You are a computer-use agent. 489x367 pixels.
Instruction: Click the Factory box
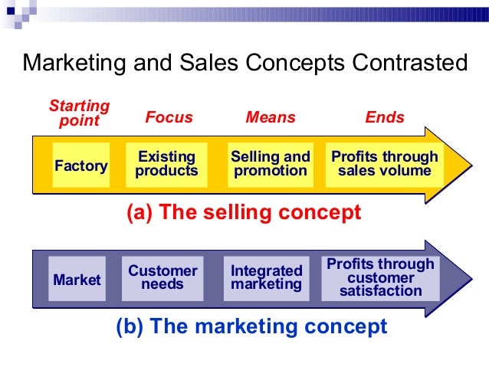coord(80,165)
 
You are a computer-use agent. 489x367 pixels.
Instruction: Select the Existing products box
coord(166,165)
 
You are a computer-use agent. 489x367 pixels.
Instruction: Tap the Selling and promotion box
coord(270,165)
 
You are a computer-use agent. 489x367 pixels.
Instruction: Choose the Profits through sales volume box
coord(384,164)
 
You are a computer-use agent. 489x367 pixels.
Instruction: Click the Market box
coord(76,280)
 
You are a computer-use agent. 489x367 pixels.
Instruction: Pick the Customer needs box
coord(162,277)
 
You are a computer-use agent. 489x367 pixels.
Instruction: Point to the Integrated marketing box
coord(267,277)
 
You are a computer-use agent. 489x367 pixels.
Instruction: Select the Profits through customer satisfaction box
coord(380,277)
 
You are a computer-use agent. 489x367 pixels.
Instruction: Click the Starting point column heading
coord(79,113)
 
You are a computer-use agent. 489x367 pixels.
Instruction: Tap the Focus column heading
coord(169,118)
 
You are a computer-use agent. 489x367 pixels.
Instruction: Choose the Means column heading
coord(270,118)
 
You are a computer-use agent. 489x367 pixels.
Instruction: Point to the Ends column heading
coord(384,118)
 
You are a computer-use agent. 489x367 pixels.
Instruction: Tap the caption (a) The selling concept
coord(243,213)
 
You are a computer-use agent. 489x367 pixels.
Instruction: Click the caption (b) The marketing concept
coord(251,327)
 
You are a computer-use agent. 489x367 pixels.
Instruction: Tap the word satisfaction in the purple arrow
coord(380,291)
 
